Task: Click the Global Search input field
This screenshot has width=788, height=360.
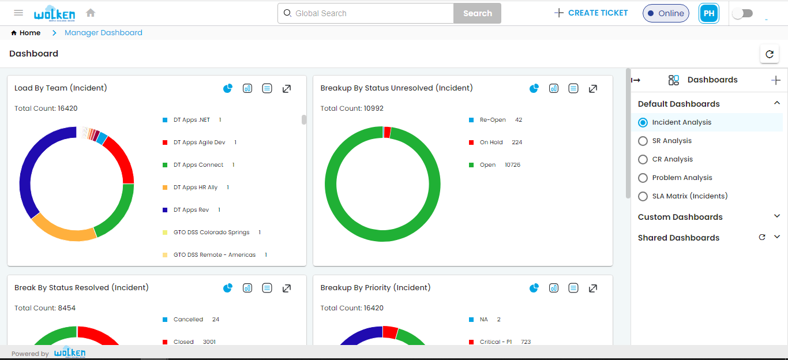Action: [369, 13]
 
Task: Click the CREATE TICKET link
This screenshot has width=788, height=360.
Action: [591, 13]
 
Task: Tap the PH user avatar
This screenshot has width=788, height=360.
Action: [709, 13]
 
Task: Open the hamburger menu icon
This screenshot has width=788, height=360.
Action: [18, 13]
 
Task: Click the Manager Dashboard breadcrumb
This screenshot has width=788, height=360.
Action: [103, 33]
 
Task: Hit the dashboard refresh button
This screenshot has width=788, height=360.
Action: [769, 54]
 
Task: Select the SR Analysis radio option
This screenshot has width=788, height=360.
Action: [643, 141]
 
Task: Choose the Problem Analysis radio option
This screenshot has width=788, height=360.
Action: [643, 178]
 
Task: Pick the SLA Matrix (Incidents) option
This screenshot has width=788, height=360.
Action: [643, 196]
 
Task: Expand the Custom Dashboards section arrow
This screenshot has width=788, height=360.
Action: [776, 216]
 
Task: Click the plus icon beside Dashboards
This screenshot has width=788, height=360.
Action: [776, 80]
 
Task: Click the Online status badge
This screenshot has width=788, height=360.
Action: [666, 13]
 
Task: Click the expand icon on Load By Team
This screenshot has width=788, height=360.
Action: [287, 88]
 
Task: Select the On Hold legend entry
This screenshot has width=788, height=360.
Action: [491, 142]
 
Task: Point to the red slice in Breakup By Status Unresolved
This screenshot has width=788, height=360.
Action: [387, 132]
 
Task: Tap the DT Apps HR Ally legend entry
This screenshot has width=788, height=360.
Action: [195, 187]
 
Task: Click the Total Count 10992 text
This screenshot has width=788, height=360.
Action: [352, 108]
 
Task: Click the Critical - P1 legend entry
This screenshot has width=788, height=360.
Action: [495, 342]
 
